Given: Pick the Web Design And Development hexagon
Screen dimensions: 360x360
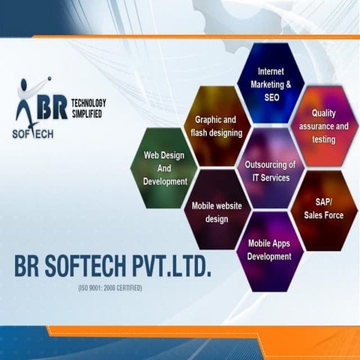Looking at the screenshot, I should [x=164, y=168].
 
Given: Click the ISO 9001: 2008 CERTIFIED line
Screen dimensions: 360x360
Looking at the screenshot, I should [x=110, y=288].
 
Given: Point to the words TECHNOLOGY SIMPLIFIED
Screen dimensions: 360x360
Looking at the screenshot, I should [x=88, y=109].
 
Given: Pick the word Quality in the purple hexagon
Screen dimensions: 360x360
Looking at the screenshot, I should [x=324, y=113].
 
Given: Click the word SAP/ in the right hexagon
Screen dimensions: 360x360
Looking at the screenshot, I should [x=323, y=202].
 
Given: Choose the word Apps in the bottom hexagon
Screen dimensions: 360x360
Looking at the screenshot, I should [x=280, y=243].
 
